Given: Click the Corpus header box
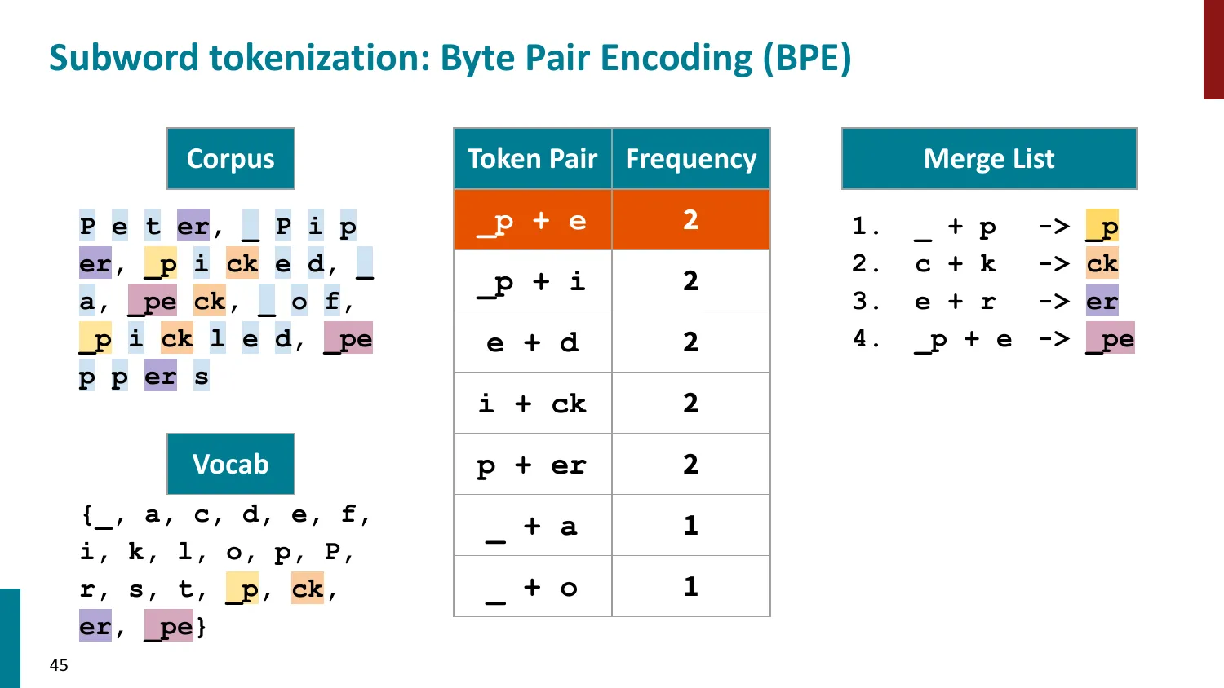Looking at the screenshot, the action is click(x=231, y=159).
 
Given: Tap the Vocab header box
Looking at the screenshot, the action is click(x=231, y=464).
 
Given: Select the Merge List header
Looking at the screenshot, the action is click(x=989, y=159).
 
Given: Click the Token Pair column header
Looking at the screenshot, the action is click(x=533, y=159).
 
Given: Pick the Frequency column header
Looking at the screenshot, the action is click(x=691, y=159).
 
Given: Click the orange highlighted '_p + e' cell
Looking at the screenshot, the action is click(x=533, y=220).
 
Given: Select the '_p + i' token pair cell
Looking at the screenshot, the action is click(x=533, y=281).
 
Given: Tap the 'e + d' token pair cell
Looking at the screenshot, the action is click(x=533, y=342).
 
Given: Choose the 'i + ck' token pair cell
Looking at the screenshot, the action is click(x=533, y=404).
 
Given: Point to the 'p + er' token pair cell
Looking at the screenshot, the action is click(x=533, y=465).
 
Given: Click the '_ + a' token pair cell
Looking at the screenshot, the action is click(x=533, y=526).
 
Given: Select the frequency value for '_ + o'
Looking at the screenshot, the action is click(x=691, y=587).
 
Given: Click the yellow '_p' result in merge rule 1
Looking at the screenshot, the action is click(x=1102, y=226).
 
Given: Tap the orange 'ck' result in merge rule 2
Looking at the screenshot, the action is click(x=1102, y=263).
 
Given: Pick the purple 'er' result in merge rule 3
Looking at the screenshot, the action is click(x=1102, y=300).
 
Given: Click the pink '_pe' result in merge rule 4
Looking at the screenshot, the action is click(x=1111, y=338).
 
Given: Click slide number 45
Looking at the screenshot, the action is click(x=59, y=665).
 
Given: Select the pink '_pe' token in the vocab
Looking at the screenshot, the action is click(x=169, y=625).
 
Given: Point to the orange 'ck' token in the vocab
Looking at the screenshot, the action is click(x=308, y=588).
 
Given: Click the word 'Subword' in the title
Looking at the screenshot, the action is click(x=124, y=57).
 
